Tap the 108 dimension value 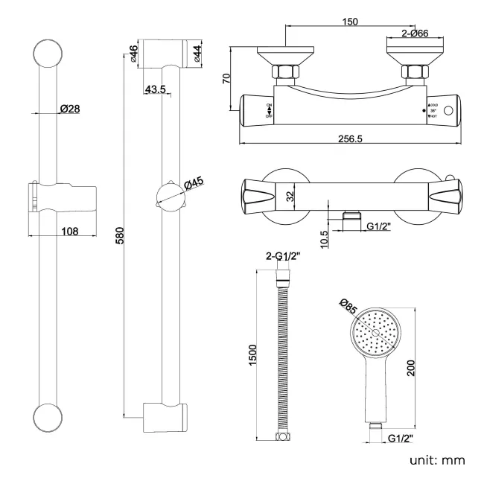(69, 231)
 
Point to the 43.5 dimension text (155, 89)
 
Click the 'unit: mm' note (437, 460)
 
